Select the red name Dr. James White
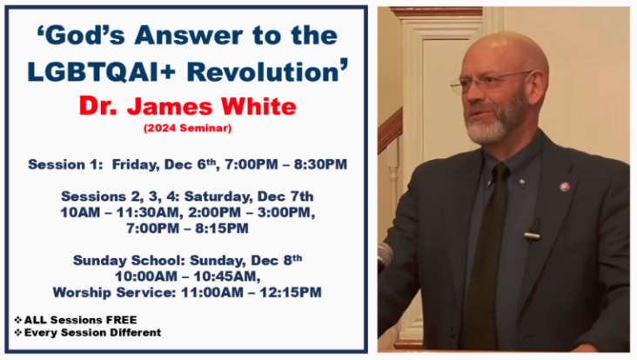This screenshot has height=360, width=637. point(188,106)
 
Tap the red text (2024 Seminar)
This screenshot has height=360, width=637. point(188,128)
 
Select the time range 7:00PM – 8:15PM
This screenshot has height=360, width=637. point(187,228)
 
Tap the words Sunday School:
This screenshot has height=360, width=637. point(129,260)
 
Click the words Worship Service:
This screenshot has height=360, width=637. point(115,292)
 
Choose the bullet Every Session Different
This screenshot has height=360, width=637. point(88,332)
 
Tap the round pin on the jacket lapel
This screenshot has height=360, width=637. point(565,187)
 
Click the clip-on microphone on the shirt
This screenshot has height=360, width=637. point(533,230)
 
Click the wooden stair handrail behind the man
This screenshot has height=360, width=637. point(390,130)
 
